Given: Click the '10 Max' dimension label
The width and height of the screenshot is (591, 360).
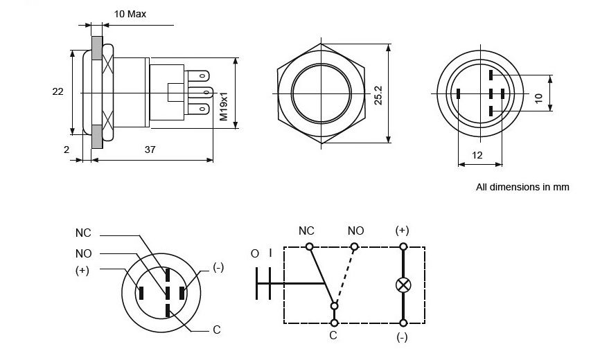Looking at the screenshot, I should (130, 14).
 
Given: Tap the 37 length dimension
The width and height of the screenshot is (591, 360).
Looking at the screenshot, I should (150, 150).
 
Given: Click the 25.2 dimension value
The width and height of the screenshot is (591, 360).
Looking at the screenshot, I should (378, 95).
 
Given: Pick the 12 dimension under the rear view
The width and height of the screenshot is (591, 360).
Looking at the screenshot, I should (477, 156).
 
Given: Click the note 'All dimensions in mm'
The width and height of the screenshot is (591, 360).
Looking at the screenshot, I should (522, 187).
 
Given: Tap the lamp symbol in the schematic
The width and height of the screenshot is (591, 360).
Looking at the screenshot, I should (403, 285).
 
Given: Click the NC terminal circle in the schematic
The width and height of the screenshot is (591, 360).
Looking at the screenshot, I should (310, 247).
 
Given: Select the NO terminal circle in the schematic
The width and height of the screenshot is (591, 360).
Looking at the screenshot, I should (354, 247).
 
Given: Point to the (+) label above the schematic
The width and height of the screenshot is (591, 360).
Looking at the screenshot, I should (402, 230).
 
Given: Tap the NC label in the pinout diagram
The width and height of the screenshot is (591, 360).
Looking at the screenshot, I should (83, 232).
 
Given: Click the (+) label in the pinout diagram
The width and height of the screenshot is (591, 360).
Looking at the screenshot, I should (82, 271).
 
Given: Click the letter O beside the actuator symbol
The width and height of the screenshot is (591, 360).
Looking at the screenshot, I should (255, 253).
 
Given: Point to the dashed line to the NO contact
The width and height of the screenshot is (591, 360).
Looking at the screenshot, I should (344, 276).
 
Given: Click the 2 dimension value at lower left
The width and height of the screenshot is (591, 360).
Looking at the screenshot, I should (66, 150).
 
